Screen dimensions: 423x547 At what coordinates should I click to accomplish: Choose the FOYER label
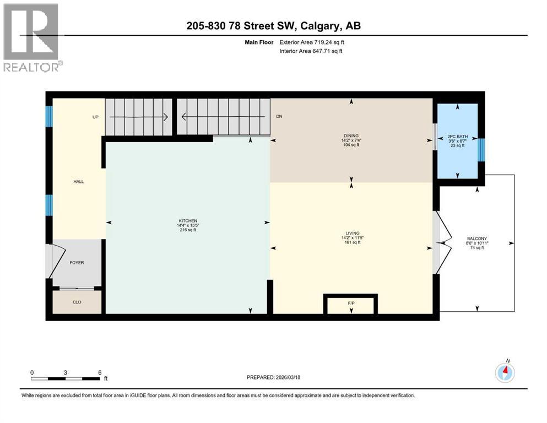tap(77, 263)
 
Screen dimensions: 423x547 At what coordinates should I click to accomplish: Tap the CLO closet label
tap(77, 302)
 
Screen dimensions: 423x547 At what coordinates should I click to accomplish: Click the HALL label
tap(78, 181)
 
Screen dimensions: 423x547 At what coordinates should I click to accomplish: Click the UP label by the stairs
tap(95, 117)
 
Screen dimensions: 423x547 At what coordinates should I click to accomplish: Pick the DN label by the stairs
tap(279, 117)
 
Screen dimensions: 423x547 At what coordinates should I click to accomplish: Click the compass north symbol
tap(505, 372)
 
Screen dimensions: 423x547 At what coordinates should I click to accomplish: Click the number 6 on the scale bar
tap(99, 372)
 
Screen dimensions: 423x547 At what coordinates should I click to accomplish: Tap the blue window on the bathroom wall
tap(481, 149)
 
